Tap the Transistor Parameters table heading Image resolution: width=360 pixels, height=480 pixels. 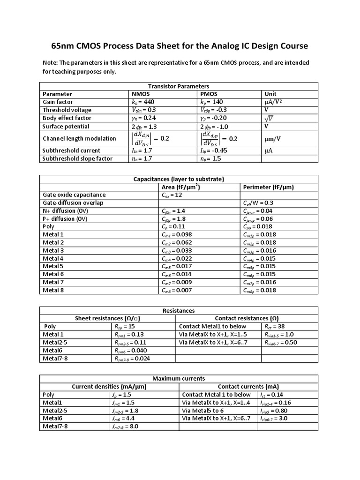[x=178, y=86]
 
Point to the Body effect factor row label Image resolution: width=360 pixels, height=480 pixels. [x=67, y=118]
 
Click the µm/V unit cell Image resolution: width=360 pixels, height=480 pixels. [x=274, y=139]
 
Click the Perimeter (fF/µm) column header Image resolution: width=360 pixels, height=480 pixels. [x=269, y=187]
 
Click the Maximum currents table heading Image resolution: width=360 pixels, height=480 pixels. [x=178, y=379]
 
